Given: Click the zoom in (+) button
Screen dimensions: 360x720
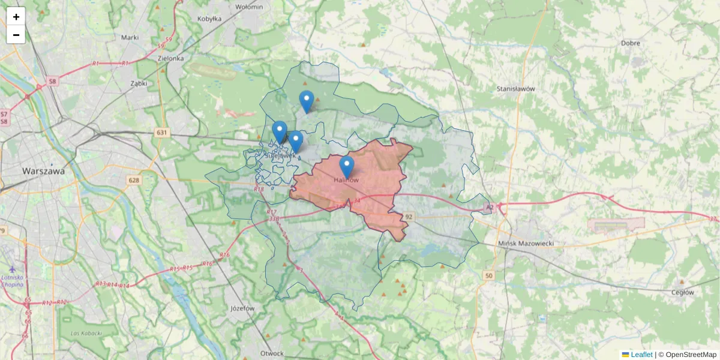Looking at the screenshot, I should pos(16,17).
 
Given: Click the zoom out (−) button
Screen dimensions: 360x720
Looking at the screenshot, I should pos(16,35).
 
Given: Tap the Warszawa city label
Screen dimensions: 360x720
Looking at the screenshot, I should pos(43,171).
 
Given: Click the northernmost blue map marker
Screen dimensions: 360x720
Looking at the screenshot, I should pos(307,101).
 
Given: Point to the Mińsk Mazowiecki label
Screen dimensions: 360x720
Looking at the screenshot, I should pos(526,244).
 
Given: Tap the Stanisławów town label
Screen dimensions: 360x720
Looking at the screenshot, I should pos(515,89).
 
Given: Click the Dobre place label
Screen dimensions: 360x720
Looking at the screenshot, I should pos(631,43).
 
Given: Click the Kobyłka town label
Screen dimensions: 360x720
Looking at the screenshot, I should pos(209,19).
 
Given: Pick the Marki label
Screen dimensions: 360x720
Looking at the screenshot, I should pos(130,37).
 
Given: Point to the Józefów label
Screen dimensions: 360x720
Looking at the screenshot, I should pos(243,308).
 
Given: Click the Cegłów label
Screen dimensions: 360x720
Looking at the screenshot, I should pos(683,292).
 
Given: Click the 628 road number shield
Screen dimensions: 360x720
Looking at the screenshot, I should pos(133,179).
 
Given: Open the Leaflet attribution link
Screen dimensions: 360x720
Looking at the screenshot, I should pos(641,355).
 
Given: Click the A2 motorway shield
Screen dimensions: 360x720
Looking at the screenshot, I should pos(490,207).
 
